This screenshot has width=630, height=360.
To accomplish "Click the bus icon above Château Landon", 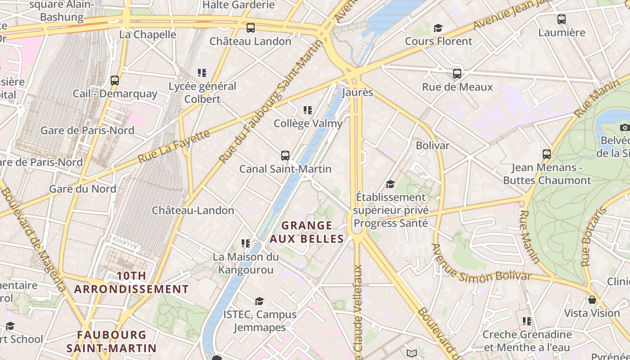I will pos(251,28).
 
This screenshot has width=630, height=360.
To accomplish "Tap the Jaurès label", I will pos(357,92).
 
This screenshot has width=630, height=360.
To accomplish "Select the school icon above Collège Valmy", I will pos(308,110).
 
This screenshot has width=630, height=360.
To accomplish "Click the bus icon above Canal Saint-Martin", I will pos(285,156).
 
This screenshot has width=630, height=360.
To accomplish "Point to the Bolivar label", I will pos(432,145).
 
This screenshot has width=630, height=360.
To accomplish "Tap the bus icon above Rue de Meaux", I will pos(457,73).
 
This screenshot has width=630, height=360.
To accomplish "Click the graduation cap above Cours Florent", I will pos(438,28).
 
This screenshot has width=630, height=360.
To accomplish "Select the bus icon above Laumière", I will pos(562,19).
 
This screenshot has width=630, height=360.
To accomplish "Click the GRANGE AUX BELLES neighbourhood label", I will pos(307,232).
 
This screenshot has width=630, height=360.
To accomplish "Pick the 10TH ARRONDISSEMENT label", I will pos(131,282).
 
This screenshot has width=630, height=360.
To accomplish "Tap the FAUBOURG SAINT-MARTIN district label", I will pos(111,342).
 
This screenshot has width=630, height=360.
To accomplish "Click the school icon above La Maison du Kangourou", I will pos(246,243).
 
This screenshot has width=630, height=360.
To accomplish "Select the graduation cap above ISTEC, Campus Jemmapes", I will pos(259,301).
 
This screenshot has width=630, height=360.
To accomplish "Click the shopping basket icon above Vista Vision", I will pos(592,300).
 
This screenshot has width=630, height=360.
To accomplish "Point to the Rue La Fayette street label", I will pos(174,146).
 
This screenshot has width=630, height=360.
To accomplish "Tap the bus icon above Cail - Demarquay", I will pos(115,81).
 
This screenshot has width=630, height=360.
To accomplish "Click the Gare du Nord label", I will pos(82,189).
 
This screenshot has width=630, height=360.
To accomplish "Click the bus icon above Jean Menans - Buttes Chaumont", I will pos(547,154).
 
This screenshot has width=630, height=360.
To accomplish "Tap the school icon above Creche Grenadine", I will pos(527,321).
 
